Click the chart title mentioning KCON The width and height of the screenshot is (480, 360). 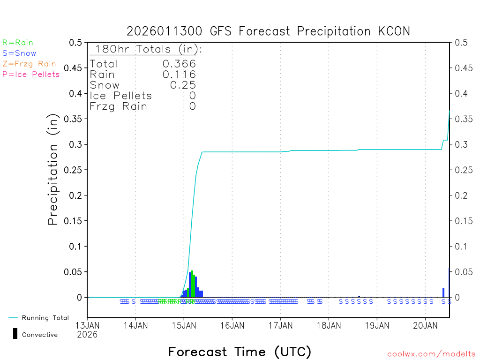point(268,31)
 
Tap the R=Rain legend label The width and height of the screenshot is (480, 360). point(18,43)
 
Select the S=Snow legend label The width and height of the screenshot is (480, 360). point(19,53)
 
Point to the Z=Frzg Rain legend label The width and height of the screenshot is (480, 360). point(29,64)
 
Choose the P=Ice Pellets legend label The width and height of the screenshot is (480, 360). point(31,74)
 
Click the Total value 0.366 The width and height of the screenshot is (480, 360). point(179,64)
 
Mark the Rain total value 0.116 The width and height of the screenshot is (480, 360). point(179,75)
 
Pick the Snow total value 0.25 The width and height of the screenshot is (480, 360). point(183,85)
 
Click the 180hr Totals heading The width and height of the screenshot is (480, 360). point(146,49)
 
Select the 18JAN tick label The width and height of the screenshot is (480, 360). point(329,325)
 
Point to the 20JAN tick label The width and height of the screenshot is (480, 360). point(426,325)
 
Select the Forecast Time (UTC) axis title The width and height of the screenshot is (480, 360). point(240,352)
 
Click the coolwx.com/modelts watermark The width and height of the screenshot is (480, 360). point(431,354)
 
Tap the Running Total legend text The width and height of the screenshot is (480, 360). point(45,318)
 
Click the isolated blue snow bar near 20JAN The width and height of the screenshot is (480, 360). point(443,292)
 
